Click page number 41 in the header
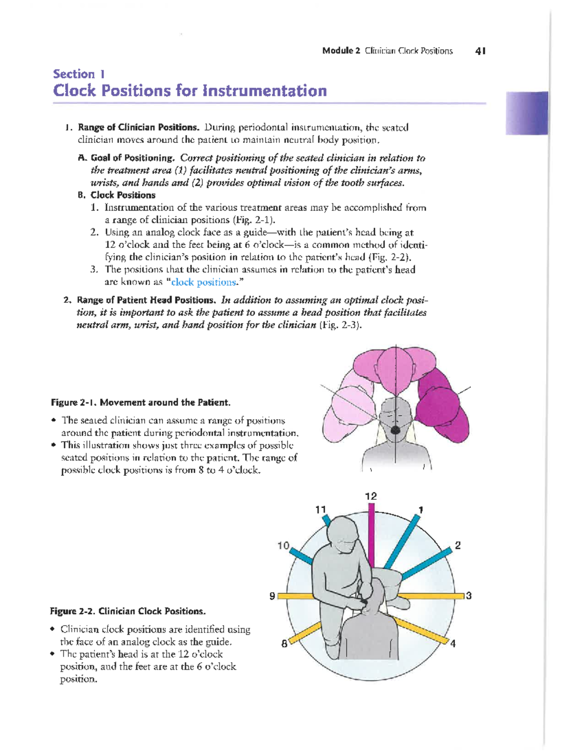tap(481, 51)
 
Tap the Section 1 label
tap(79, 74)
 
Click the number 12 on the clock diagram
tap(371, 496)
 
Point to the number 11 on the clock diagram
tap(320, 509)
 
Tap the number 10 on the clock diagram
tap(283, 545)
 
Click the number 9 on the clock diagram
tap(273, 596)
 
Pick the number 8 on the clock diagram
tap(284, 644)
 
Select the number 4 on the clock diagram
tap(453, 644)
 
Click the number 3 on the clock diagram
tap(469, 596)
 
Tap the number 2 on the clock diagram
tap(457, 545)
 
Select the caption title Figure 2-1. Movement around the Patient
tap(141, 403)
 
